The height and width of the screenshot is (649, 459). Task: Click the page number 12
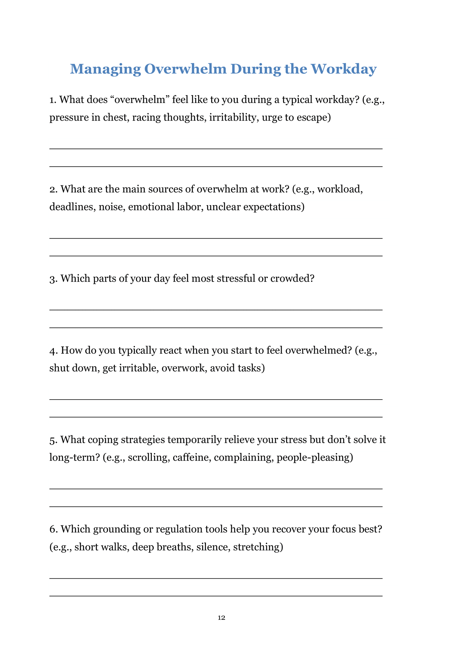(221, 617)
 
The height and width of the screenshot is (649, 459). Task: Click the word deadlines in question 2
(72, 207)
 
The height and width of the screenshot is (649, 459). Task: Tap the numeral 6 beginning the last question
(53, 529)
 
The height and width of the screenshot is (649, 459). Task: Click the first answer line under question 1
(216, 149)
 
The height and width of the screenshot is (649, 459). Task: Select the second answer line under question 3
(216, 328)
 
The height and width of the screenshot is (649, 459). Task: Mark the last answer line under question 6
(216, 596)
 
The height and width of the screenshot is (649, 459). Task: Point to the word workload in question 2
(340, 189)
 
